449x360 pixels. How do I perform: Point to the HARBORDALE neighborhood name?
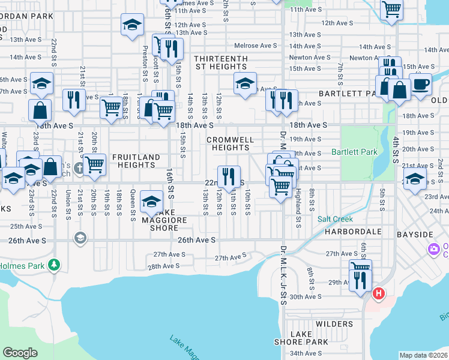pyautogui.click(x=349, y=231)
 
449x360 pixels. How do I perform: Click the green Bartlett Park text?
pyautogui.click(x=354, y=152)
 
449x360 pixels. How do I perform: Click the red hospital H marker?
pyautogui.click(x=378, y=293)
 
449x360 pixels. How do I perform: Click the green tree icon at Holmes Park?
pyautogui.click(x=55, y=264)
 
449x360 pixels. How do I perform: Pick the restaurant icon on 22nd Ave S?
pyautogui.click(x=228, y=176)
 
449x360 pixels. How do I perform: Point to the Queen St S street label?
pyautogui.click(x=133, y=206)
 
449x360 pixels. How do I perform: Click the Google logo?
pyautogui.click(x=20, y=353)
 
